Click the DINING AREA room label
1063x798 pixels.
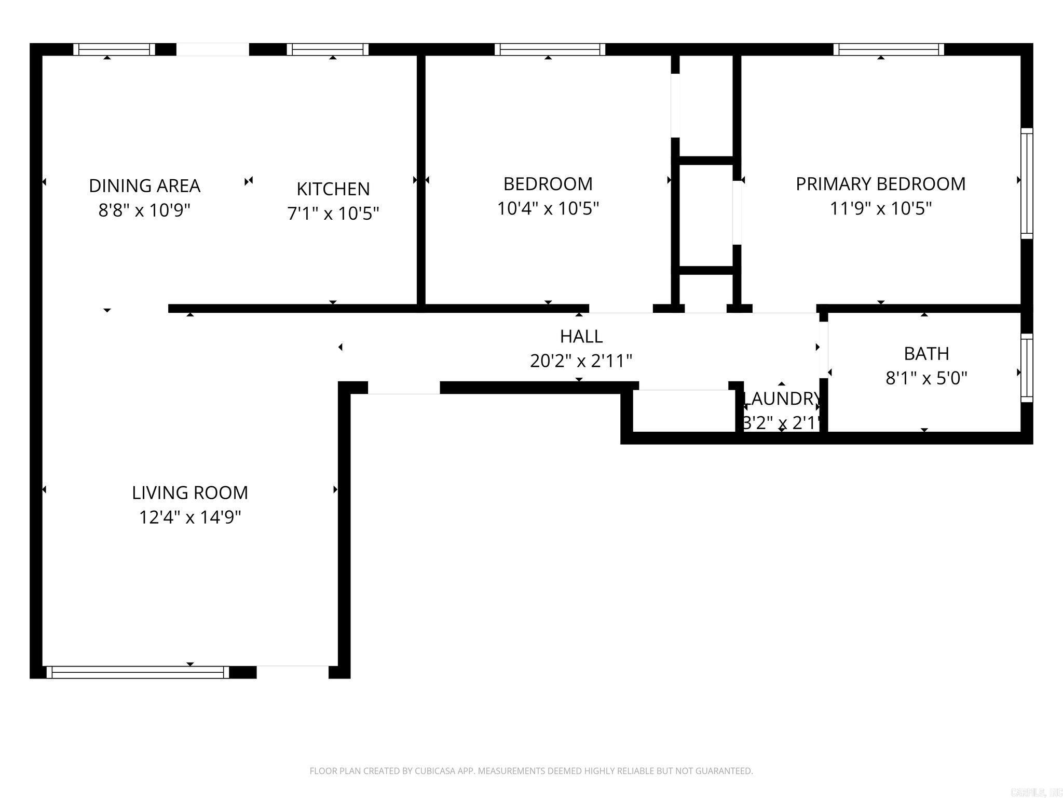click(144, 185)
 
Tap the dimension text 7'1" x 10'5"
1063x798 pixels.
click(333, 213)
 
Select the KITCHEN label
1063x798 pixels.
click(333, 189)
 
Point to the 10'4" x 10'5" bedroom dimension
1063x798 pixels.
click(548, 208)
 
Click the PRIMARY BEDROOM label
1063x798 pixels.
click(880, 184)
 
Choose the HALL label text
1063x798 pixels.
click(581, 336)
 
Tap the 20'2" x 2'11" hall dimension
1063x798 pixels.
click(581, 361)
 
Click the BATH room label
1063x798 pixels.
click(926, 353)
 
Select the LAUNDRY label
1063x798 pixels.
click(782, 398)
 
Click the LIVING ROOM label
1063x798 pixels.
click(190, 493)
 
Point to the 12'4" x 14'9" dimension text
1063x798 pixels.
click(190, 517)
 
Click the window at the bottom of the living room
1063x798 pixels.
click(138, 672)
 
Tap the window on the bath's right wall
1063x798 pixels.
click(1027, 367)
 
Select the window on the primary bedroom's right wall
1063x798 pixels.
click(1027, 183)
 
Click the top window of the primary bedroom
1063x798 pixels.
click(889, 49)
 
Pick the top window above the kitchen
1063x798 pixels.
click(328, 49)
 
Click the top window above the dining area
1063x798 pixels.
click(114, 49)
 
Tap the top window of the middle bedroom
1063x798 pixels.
click(550, 49)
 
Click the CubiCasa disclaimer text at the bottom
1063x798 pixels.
click(531, 771)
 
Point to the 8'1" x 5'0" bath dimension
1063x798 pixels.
click(926, 378)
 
